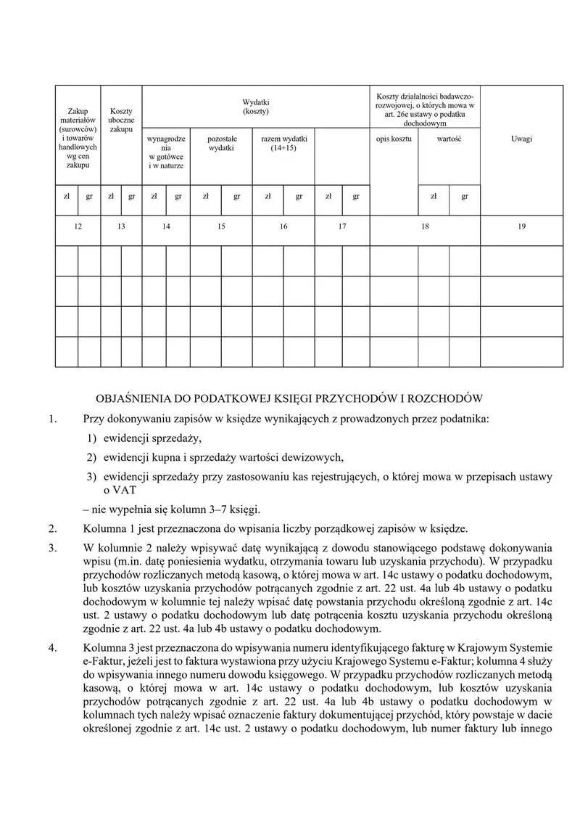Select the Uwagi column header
pos(521,138)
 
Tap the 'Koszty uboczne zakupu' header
pos(121,120)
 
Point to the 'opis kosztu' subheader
pos(394,138)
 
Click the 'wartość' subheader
pos(449,138)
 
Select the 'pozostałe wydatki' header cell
pos(221,142)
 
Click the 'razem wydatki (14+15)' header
pos(283,142)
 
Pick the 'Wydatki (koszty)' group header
pos(255,107)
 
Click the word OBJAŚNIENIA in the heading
pos(133,398)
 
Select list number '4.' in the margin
pos(52,647)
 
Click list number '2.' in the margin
pos(52,528)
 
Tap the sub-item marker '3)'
pos(91,477)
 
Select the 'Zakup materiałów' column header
pos(78,138)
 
